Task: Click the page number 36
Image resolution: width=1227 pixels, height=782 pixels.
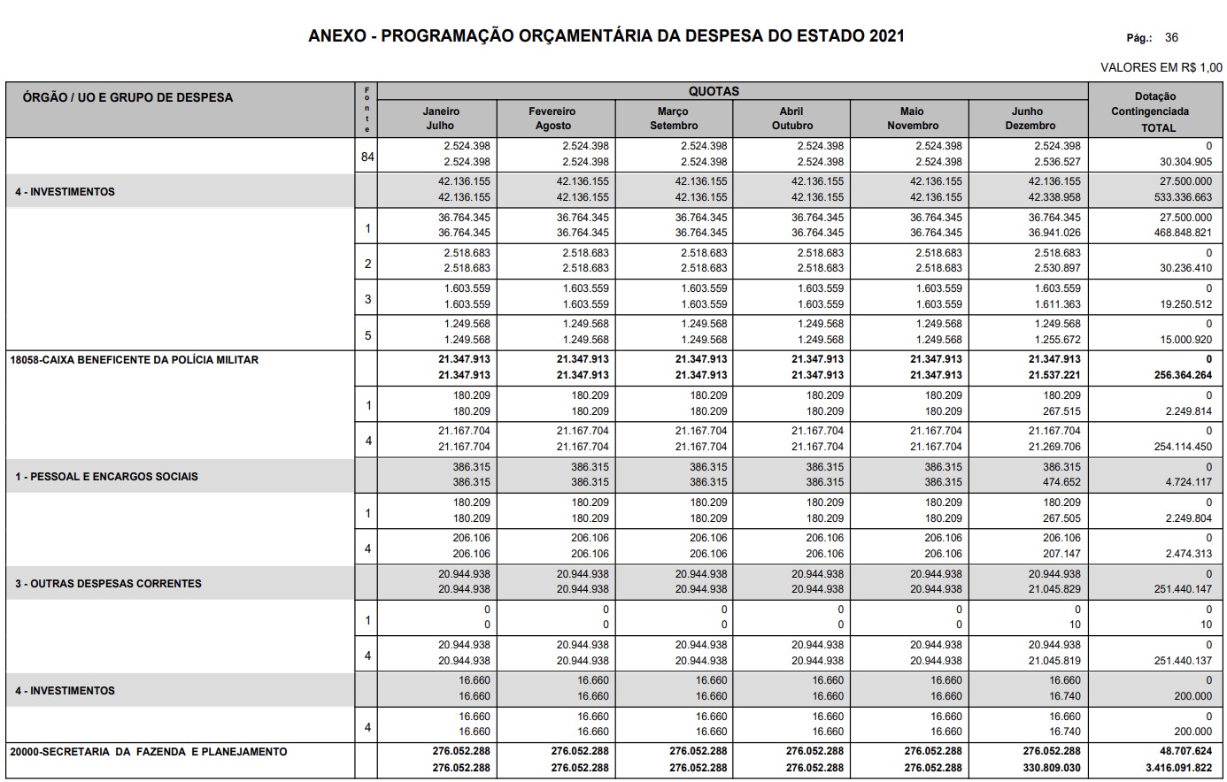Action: tap(1171, 38)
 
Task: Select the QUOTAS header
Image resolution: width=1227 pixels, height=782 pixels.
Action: tap(714, 91)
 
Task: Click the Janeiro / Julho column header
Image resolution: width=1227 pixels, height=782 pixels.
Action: tap(440, 119)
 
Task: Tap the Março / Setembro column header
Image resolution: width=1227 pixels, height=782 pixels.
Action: tap(673, 119)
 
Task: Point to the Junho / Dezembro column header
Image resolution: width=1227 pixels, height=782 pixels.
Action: tap(1029, 119)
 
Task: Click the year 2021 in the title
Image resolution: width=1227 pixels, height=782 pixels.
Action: tap(886, 36)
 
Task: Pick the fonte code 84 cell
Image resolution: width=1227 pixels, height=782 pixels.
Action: tap(367, 157)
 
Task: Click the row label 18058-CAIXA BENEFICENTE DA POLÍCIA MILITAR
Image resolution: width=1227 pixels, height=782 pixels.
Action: tap(135, 360)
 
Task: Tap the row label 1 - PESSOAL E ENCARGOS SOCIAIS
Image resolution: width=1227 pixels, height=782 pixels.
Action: tap(106, 477)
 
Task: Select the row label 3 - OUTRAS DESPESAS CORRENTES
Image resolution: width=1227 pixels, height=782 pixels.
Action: tap(108, 584)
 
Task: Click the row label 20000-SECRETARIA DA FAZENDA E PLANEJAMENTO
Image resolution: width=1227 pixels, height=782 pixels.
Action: tap(149, 752)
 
